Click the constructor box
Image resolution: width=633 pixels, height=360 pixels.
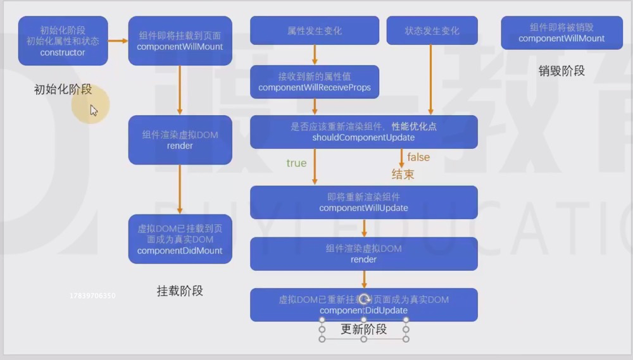pos(63,41)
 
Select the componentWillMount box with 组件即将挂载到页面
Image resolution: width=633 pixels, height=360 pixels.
pos(180,41)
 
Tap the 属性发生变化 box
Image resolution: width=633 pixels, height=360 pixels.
pos(314,30)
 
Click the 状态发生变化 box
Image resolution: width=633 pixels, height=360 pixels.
pos(432,30)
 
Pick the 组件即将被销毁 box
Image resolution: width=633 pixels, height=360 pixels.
pos(561,33)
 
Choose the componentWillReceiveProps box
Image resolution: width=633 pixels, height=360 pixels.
pos(314,82)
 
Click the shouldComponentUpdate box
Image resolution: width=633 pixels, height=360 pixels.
pos(363,132)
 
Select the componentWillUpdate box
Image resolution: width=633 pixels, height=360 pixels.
pos(363,202)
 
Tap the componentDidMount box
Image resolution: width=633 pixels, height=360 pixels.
pos(180,239)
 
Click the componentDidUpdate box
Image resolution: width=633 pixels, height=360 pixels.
pos(363,305)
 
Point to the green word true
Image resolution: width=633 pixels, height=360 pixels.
pos(296,163)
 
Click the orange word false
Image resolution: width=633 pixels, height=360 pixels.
pos(418,157)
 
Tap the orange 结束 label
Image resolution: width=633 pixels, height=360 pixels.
pos(403,174)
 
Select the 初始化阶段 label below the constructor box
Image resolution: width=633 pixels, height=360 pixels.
pos(63,90)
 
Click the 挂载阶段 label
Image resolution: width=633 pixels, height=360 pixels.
pos(180,291)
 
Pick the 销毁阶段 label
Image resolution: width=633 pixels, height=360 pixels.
pos(561,71)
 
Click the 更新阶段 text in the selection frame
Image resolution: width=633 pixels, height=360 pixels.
pos(363,330)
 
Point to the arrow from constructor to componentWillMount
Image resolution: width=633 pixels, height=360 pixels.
pos(118,41)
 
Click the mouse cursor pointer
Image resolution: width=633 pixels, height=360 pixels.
pos(93,110)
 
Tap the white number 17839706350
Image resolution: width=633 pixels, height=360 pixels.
pos(92,295)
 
